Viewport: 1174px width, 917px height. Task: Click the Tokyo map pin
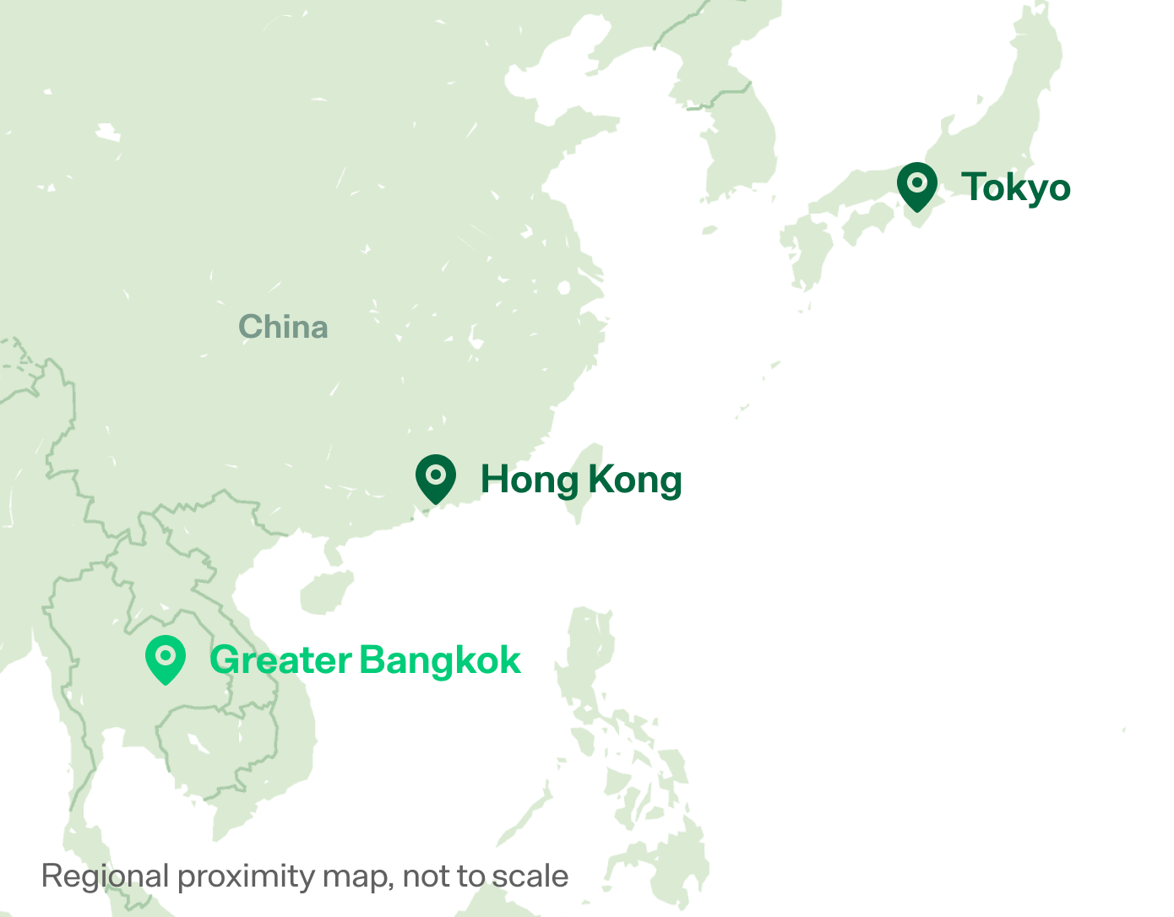(917, 186)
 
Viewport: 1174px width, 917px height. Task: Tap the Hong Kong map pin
(436, 478)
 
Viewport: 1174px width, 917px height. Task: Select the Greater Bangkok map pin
(166, 659)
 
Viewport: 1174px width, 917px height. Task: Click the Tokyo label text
(1016, 187)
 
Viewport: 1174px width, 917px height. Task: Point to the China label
(283, 327)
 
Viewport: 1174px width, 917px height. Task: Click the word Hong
(528, 480)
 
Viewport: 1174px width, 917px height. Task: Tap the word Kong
(634, 480)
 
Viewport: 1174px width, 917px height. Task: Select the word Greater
(280, 660)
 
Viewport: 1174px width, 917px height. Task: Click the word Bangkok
(440, 660)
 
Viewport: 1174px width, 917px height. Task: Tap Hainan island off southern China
(326, 591)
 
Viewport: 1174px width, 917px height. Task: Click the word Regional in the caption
(106, 876)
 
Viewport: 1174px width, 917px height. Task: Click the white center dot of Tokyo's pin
(917, 182)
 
